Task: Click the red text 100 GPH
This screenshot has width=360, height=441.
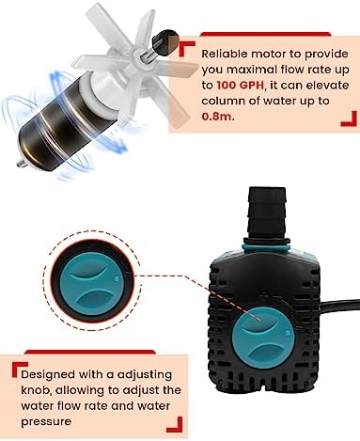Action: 241,86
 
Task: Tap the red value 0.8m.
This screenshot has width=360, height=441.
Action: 218,117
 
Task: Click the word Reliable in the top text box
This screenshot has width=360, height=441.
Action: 225,54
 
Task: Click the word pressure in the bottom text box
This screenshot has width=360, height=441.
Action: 46,422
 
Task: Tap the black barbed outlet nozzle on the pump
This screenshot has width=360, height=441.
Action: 267,213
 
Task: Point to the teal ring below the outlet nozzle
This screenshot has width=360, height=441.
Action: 266,244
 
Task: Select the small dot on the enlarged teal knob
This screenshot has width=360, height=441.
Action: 117,278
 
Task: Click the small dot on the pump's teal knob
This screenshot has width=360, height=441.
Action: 288,332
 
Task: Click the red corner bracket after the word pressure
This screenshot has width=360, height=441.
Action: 174,425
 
